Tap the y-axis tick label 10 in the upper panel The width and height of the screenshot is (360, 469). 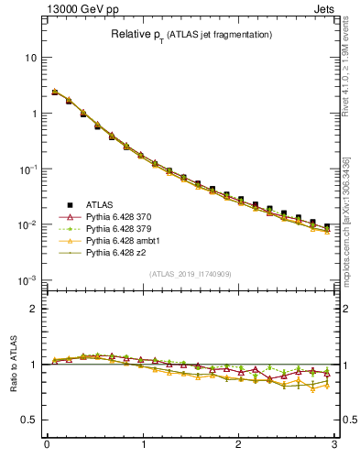[30, 58]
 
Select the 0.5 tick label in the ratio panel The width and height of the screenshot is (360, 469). [29, 420]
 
